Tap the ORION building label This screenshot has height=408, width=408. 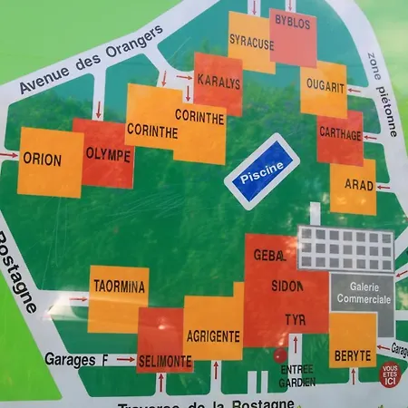[43, 160]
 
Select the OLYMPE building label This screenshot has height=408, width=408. [108, 155]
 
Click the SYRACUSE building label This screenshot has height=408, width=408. [251, 42]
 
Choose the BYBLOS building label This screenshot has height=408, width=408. [292, 20]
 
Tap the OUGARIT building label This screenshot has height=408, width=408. [325, 87]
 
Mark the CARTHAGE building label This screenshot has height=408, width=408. [340, 134]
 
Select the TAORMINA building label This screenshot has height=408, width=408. [119, 287]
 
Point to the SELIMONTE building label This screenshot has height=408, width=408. [165, 361]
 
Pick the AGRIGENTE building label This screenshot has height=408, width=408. [213, 336]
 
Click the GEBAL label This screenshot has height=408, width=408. [269, 255]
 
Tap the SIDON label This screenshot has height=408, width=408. [287, 286]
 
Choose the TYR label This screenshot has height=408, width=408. [295, 320]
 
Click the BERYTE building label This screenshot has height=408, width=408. [351, 355]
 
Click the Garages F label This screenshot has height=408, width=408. [76, 360]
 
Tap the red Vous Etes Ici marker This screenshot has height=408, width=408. [390, 375]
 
